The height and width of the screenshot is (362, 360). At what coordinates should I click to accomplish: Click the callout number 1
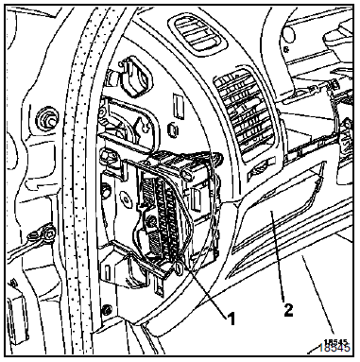pos(231,319)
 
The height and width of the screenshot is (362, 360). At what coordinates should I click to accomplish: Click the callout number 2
pos(288,310)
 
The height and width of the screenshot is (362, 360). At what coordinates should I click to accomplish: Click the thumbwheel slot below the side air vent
pos(259,171)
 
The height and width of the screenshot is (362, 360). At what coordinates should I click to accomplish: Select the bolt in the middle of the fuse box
pos(151,222)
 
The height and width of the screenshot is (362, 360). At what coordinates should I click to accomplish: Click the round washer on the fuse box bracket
pos(127,199)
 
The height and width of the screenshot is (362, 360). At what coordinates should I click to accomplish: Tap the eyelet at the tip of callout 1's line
pos(179,268)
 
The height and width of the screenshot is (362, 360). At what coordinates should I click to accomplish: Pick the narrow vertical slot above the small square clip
pos(178,106)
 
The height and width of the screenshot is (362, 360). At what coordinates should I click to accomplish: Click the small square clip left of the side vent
pos(173,129)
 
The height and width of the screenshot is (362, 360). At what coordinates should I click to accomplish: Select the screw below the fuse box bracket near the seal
pos(108,309)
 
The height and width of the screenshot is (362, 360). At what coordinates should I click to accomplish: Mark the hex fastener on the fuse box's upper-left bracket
pos(107,155)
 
